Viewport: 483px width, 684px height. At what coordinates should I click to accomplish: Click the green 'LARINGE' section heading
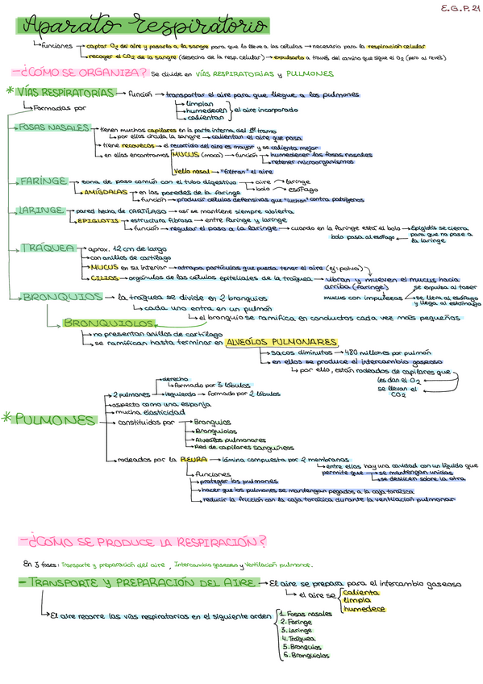40,211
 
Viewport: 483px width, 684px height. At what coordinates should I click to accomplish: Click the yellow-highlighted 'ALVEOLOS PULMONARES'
281,342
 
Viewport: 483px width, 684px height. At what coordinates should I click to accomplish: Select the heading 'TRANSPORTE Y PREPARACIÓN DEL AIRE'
138,582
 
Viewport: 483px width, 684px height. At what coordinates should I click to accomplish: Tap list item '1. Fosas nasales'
305,614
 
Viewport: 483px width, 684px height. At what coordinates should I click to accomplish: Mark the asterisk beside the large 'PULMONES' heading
7,419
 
